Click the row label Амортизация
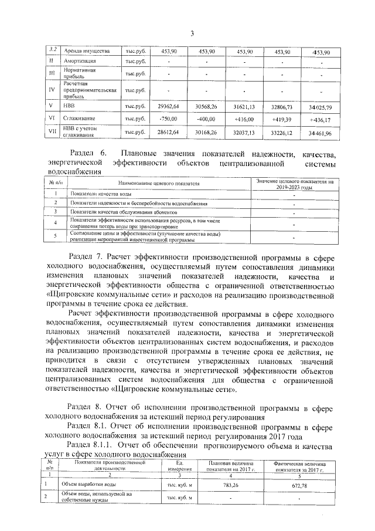tap(79, 61)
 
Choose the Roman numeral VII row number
tap(52, 133)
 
